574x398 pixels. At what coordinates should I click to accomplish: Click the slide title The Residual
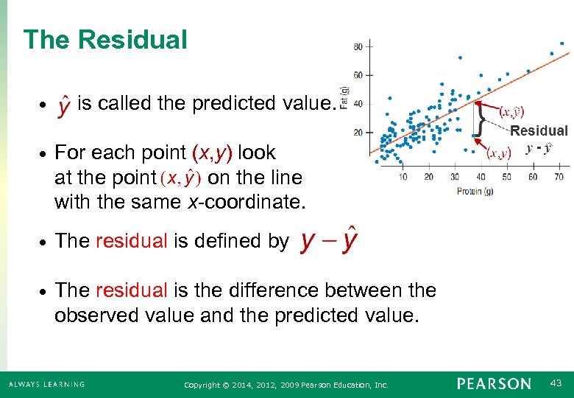pyautogui.click(x=105, y=40)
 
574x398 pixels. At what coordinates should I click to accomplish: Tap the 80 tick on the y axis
pyautogui.click(x=358, y=46)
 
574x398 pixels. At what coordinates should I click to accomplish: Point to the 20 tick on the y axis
pyautogui.click(x=358, y=133)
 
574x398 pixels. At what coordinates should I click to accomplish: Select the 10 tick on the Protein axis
pyautogui.click(x=403, y=177)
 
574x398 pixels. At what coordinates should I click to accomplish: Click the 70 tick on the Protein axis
pyautogui.click(x=559, y=177)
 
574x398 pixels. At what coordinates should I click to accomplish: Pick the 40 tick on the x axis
pyautogui.click(x=481, y=177)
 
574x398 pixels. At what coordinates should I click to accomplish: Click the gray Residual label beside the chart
pyautogui.click(x=539, y=131)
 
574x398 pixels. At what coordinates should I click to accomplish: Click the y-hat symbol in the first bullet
pyautogui.click(x=65, y=105)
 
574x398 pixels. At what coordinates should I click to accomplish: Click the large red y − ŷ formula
pyautogui.click(x=328, y=241)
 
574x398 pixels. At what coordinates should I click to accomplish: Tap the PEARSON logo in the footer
pyautogui.click(x=493, y=384)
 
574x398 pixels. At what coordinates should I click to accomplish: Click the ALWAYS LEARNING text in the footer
pyautogui.click(x=46, y=384)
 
